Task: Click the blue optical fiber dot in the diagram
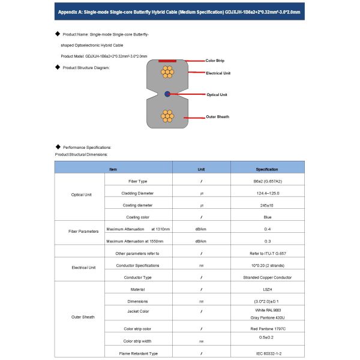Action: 167,94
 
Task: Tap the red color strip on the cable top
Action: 167,61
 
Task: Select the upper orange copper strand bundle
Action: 167,72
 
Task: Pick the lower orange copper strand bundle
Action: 167,116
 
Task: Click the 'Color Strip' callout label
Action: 214,61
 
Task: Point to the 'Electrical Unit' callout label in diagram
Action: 218,73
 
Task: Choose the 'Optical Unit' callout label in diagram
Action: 217,95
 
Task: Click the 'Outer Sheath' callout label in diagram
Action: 218,116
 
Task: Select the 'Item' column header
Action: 113,169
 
